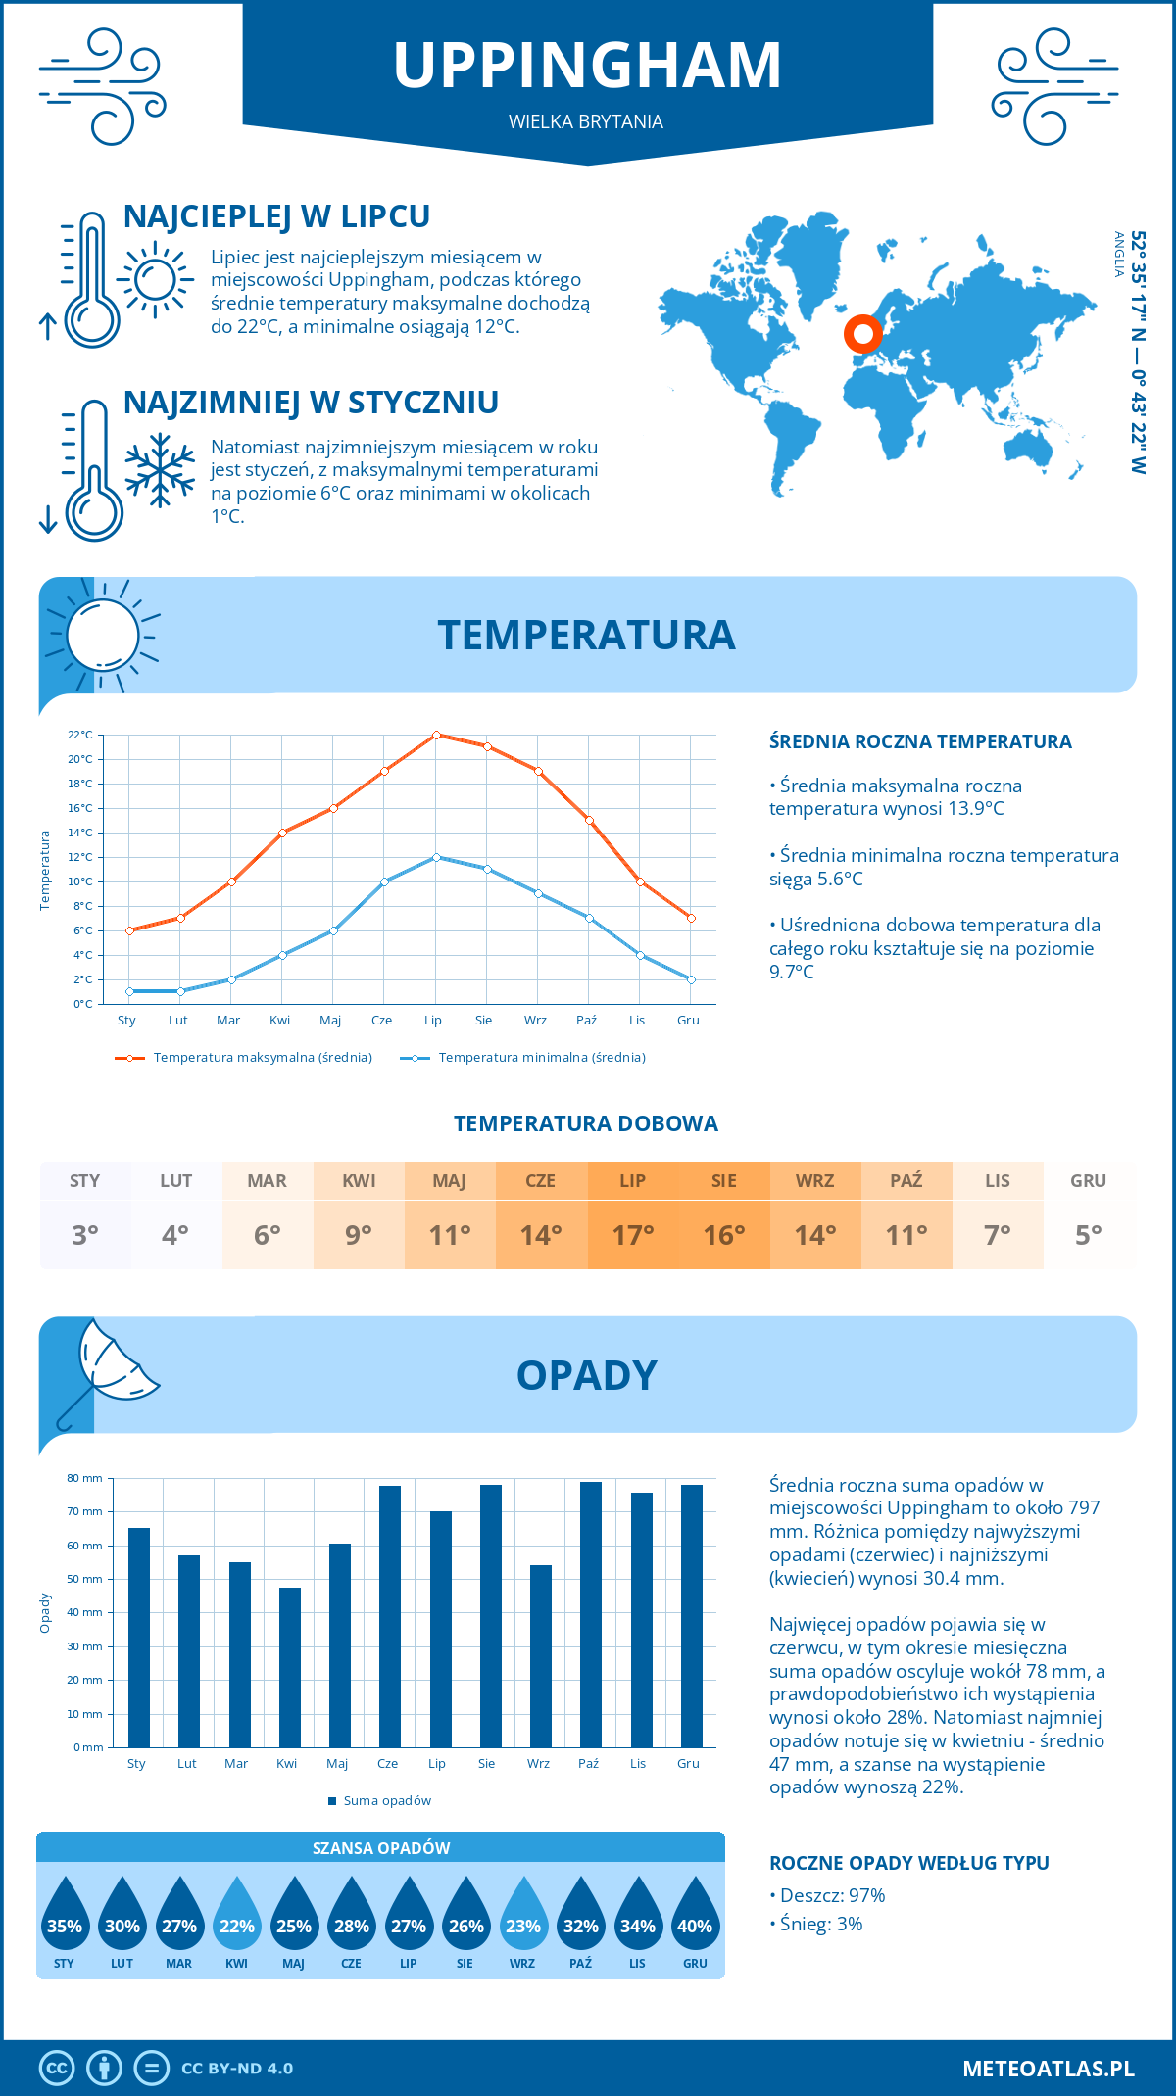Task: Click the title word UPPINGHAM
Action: click(x=587, y=66)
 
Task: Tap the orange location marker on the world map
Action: click(x=863, y=334)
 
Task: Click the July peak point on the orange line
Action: click(x=436, y=735)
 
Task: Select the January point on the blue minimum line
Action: click(x=129, y=991)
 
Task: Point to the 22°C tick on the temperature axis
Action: click(x=80, y=735)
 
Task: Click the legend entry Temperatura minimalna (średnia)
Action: click(x=541, y=1057)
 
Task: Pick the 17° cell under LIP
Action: click(x=632, y=1235)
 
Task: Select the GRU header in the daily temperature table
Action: click(x=1088, y=1180)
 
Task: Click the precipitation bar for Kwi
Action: click(x=290, y=1667)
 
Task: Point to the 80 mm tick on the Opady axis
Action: click(x=85, y=1478)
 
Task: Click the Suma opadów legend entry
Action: click(x=386, y=1800)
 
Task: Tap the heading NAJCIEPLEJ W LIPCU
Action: click(x=276, y=216)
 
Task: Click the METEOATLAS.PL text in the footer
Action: click(x=1048, y=2068)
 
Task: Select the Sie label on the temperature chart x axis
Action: click(x=483, y=1020)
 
